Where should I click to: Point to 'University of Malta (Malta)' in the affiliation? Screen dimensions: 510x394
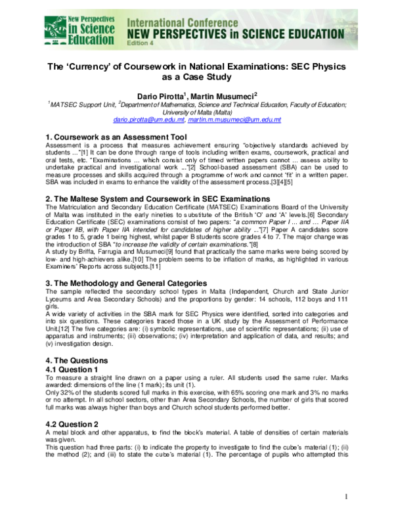click(x=196, y=112)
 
